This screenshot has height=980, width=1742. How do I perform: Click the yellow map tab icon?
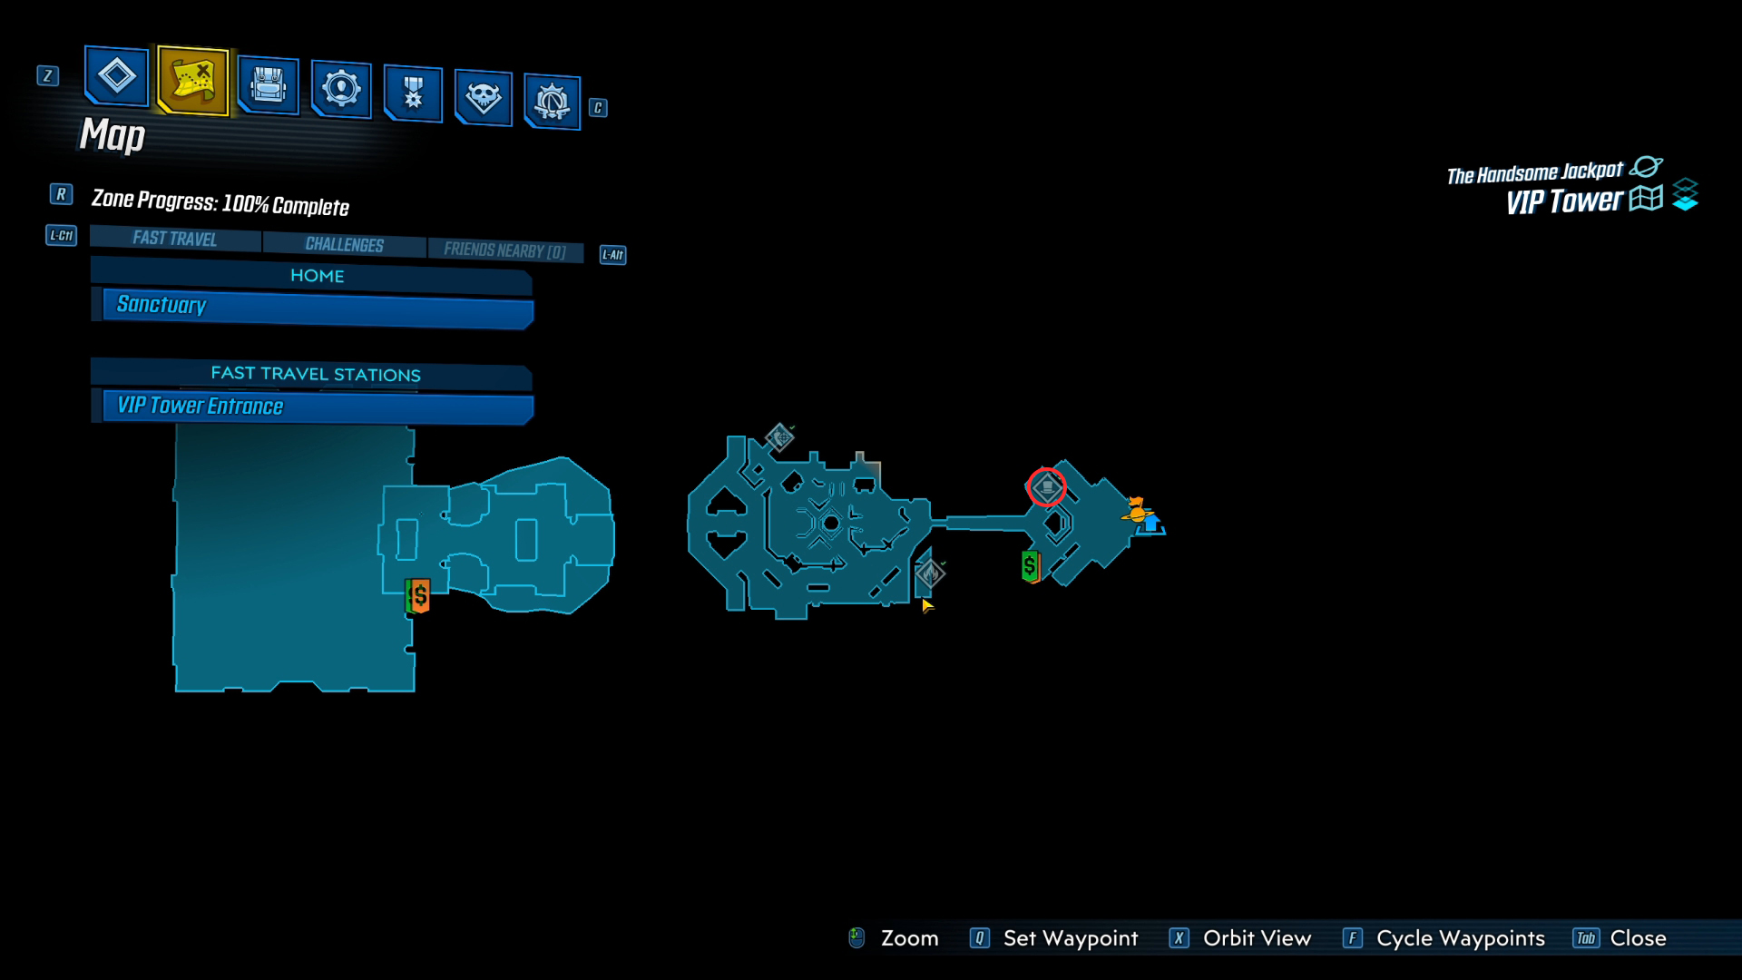(193, 80)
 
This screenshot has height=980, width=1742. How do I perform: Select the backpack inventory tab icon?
(268, 85)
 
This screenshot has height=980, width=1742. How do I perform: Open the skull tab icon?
(483, 96)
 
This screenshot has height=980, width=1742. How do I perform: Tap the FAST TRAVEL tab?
(175, 239)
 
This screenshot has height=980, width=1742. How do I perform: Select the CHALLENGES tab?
(345, 245)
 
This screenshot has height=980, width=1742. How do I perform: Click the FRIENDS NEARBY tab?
(504, 250)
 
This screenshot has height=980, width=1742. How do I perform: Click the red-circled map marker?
(1047, 488)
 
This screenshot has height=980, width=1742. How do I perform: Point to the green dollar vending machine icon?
(1030, 567)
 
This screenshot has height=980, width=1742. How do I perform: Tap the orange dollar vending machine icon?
(418, 596)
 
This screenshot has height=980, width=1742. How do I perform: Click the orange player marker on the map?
(1135, 510)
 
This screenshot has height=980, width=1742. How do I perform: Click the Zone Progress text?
(220, 202)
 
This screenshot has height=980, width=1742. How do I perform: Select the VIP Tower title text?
(1564, 201)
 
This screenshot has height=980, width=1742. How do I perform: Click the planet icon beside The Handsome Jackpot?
(1646, 167)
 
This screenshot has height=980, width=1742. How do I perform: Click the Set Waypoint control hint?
(1053, 938)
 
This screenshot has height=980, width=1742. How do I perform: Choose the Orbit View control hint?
(1240, 938)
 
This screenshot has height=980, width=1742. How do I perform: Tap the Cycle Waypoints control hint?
(1444, 938)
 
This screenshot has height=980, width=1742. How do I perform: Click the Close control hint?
(1620, 938)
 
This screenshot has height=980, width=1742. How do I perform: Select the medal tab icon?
(413, 93)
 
